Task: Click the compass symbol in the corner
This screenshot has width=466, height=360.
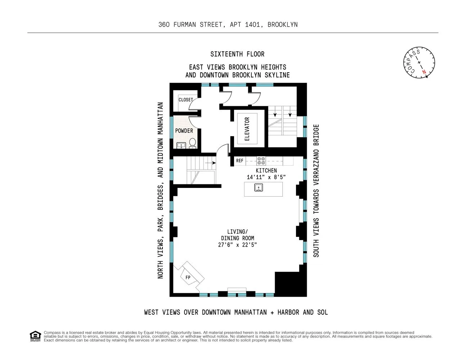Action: click(x=419, y=62)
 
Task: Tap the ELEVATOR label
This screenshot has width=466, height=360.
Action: click(x=247, y=129)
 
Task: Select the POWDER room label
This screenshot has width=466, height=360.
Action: click(x=184, y=131)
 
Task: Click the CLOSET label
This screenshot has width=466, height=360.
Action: click(x=186, y=100)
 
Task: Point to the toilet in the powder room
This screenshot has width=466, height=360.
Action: click(x=193, y=143)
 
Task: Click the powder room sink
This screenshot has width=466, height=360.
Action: click(x=181, y=145)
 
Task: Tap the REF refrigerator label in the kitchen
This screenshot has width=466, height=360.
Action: click(x=240, y=161)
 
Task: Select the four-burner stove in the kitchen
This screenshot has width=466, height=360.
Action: click(x=261, y=161)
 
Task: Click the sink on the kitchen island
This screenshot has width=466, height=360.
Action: click(x=259, y=188)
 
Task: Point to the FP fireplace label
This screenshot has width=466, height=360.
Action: click(x=188, y=277)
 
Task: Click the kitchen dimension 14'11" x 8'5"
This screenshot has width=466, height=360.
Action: click(x=266, y=177)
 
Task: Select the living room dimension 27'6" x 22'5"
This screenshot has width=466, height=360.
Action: click(x=237, y=245)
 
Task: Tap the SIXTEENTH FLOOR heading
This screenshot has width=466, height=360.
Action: click(x=237, y=54)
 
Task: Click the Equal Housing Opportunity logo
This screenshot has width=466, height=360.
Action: click(x=35, y=336)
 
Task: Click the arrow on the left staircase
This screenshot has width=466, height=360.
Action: click(x=210, y=163)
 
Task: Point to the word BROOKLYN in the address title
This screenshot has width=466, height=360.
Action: click(x=282, y=24)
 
